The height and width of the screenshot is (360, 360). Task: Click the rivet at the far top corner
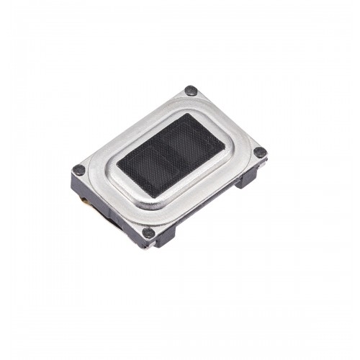(x=191, y=91)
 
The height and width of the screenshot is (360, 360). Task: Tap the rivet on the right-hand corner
(x=260, y=152)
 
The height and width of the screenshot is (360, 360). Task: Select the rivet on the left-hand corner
(x=79, y=171)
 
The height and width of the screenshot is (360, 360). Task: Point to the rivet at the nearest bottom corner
(x=148, y=233)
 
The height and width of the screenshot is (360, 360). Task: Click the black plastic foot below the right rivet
(x=248, y=178)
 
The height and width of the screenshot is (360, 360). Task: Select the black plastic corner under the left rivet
(x=77, y=184)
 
